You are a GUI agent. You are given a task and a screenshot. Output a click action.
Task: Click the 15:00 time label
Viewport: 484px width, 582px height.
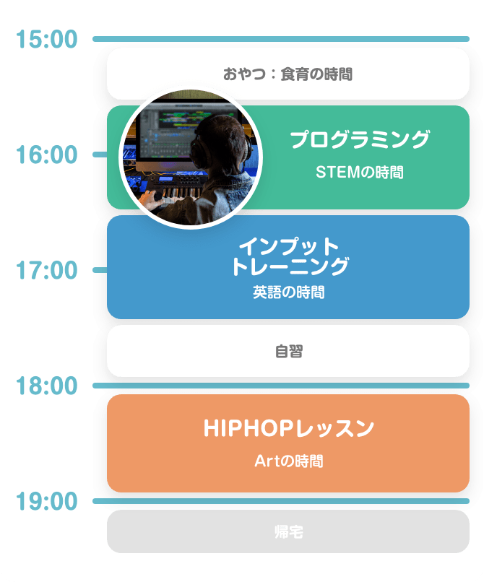[46, 40]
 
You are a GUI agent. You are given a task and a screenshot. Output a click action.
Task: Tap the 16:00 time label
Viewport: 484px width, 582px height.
[46, 155]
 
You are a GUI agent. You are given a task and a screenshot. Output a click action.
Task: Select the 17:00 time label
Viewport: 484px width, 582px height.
[46, 271]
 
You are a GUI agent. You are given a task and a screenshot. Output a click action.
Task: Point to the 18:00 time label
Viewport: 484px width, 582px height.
[46, 386]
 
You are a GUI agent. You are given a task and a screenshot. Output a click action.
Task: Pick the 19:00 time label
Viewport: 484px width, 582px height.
[46, 500]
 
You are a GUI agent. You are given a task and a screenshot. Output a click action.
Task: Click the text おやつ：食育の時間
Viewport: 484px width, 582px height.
[288, 74]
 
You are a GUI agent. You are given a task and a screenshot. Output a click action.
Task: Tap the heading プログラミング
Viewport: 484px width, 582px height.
[360, 139]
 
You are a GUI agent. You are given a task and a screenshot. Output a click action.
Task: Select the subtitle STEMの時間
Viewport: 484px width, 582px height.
[360, 173]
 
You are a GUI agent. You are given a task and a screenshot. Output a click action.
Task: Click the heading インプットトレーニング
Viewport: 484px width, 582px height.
[288, 256]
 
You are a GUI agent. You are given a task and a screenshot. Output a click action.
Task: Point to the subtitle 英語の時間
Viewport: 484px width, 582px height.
[288, 292]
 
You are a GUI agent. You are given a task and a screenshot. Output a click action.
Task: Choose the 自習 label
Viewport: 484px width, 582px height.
[288, 352]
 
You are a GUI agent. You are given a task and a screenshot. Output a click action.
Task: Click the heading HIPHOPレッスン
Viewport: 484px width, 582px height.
[288, 428]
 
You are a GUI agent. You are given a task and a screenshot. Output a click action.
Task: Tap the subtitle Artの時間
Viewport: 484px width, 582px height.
[288, 461]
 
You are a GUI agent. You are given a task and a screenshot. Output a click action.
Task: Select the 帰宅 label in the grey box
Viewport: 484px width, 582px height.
[288, 532]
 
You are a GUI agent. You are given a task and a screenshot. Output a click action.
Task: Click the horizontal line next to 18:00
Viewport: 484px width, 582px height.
[282, 386]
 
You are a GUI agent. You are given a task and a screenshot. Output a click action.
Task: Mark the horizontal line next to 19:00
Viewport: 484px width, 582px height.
[282, 500]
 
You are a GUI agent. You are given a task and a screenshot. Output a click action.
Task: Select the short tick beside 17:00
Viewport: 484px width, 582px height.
[100, 270]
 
